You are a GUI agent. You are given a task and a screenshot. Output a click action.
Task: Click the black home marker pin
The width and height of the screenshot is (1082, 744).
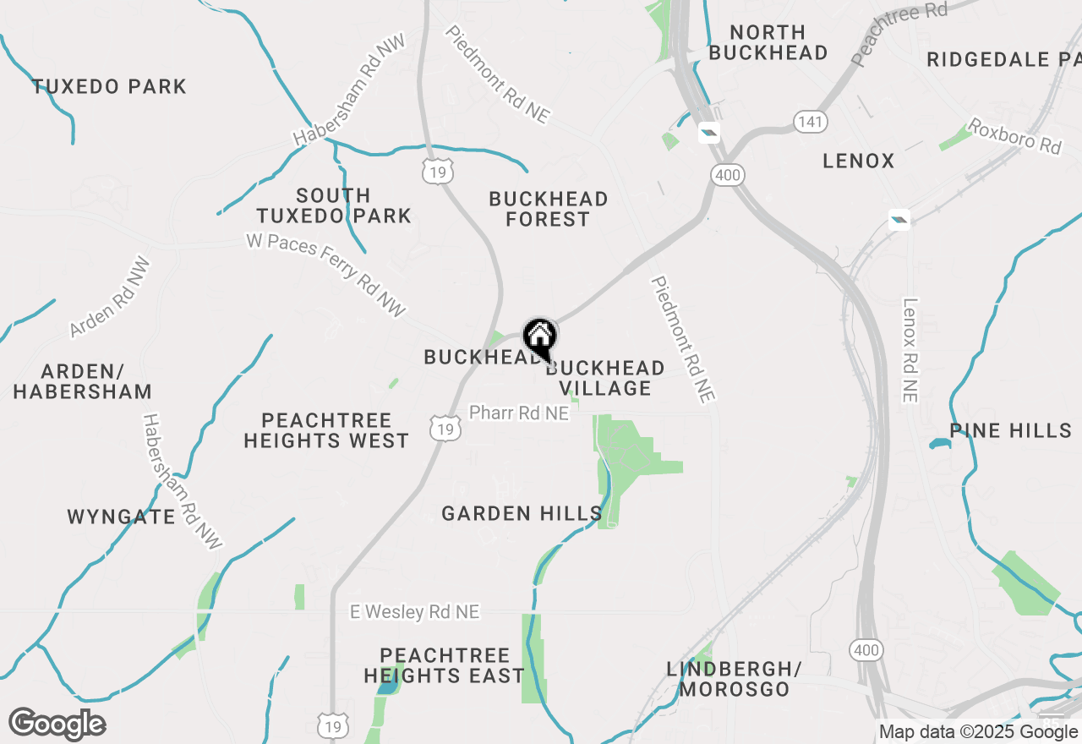(539, 339)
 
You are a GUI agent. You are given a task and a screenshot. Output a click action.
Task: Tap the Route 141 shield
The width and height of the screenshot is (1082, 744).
(810, 122)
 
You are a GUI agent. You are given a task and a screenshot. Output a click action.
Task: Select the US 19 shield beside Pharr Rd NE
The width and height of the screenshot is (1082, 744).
(445, 429)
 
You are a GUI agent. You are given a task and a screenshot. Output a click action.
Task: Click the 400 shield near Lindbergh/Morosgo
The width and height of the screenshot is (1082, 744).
(866, 649)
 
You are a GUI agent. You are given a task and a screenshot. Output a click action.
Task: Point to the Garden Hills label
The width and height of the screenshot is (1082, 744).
(522, 513)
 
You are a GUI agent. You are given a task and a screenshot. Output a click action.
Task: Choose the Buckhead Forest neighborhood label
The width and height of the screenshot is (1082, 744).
(549, 209)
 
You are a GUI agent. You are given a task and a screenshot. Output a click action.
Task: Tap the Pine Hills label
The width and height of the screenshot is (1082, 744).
(1010, 430)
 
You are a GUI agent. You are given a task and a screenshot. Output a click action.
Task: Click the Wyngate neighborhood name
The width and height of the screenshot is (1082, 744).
(121, 517)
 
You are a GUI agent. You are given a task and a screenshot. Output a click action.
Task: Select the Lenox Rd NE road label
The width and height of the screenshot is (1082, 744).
(910, 350)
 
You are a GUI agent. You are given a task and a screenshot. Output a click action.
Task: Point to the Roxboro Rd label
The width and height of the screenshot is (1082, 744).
(1014, 135)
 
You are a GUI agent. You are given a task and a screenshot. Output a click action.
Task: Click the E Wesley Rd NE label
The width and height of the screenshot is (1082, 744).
(415, 611)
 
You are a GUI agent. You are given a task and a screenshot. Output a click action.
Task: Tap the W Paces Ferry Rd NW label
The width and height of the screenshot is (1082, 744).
(326, 275)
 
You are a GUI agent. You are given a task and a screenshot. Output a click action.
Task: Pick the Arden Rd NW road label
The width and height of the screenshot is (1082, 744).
(110, 297)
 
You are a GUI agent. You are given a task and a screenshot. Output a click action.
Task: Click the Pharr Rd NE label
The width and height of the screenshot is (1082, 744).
(519, 413)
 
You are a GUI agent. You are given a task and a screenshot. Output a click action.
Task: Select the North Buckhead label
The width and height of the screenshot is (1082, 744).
(768, 42)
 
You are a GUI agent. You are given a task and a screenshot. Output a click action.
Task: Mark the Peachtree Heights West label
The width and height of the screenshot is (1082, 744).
(326, 430)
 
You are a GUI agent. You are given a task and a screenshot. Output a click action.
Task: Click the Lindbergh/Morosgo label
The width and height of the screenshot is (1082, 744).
(734, 679)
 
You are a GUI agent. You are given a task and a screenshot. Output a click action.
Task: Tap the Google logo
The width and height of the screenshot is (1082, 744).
(57, 724)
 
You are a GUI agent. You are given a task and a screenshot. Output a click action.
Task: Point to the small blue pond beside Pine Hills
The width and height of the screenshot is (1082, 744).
(939, 444)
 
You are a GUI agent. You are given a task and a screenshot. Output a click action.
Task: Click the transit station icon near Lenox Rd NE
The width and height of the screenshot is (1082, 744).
(899, 221)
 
